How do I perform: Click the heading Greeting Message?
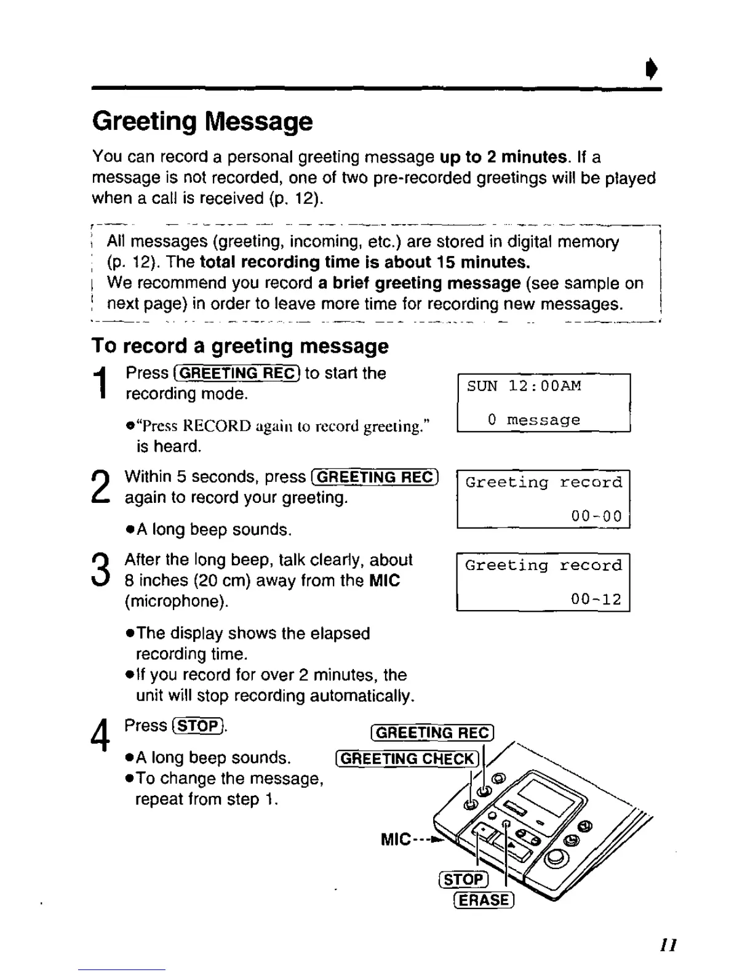click(202, 121)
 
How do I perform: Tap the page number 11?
click(669, 944)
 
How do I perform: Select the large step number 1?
click(103, 382)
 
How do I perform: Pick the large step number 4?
click(100, 736)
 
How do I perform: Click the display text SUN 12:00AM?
click(524, 386)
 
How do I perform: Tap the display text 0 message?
click(533, 420)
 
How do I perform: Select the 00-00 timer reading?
click(596, 516)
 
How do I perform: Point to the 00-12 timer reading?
click(596, 599)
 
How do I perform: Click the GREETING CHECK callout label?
click(407, 759)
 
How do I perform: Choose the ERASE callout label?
click(483, 900)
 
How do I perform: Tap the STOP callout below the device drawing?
click(463, 880)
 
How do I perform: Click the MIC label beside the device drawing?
click(396, 839)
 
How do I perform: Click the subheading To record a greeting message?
click(240, 346)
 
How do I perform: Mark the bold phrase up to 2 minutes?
click(504, 157)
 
